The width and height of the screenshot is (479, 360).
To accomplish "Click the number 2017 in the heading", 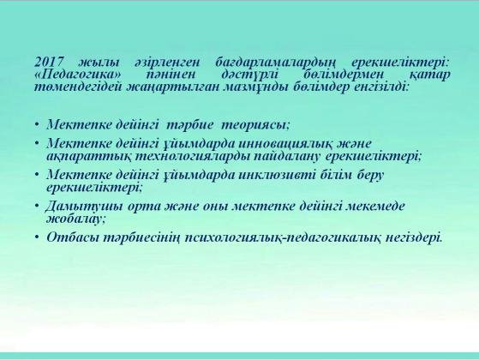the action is pyautogui.click(x=49, y=62).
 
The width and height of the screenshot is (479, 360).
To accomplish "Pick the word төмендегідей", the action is pyautogui.click(x=78, y=87).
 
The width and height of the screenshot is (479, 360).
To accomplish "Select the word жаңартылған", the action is pyautogui.click(x=172, y=88).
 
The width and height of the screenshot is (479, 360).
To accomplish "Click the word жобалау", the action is pyautogui.click(x=75, y=219).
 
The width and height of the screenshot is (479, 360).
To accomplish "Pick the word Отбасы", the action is pyautogui.click(x=73, y=237).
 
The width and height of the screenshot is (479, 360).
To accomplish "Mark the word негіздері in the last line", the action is pyautogui.click(x=414, y=237).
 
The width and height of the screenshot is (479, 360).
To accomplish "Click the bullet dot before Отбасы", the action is pyautogui.click(x=37, y=237).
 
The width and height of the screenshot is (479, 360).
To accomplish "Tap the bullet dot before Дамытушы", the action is pyautogui.click(x=37, y=206).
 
